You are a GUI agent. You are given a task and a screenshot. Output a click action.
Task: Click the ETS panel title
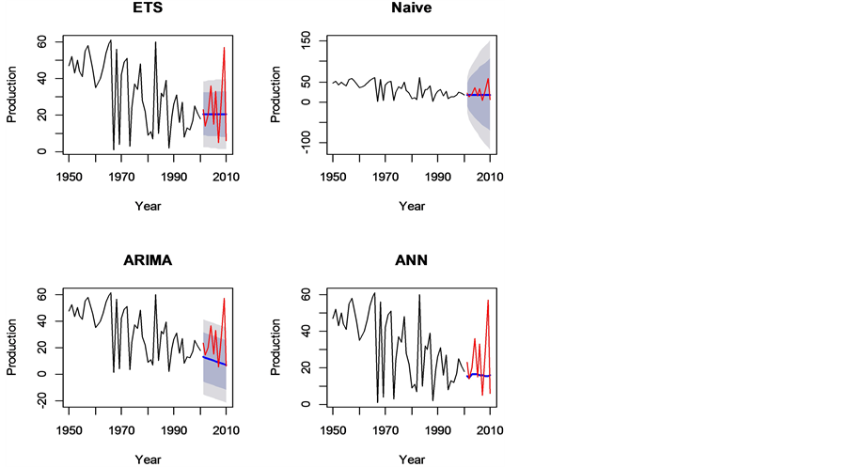tap(148, 8)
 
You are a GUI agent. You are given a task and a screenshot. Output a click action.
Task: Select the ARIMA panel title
tap(148, 260)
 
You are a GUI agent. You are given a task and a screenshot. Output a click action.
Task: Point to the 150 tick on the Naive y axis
tap(305, 41)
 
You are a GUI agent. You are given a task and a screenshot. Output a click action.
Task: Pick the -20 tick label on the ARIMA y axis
tap(41, 400)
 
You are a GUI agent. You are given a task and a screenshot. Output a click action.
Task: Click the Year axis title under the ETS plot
tap(148, 206)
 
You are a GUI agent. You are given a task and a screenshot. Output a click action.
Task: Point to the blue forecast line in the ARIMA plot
tap(214, 360)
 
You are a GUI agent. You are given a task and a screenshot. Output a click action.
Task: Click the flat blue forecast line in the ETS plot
tap(214, 115)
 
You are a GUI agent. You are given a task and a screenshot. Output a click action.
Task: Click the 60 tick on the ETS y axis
tap(41, 42)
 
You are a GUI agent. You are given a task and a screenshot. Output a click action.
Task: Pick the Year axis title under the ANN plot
tap(411, 459)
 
